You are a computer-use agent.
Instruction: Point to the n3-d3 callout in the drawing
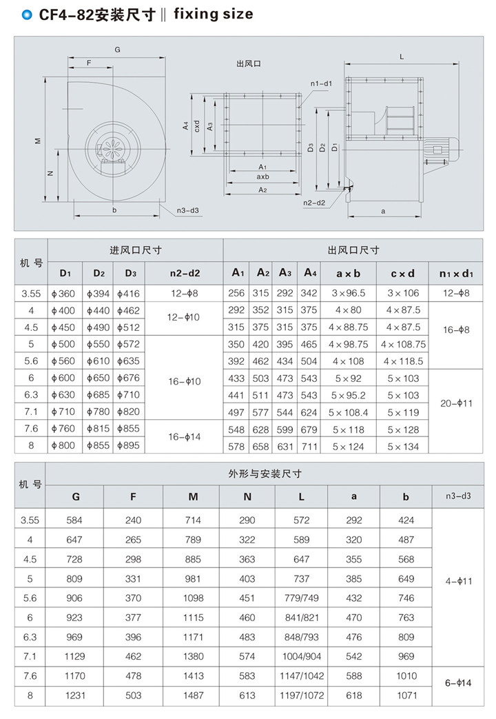(x=187, y=210)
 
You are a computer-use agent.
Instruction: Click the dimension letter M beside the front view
(x=38, y=141)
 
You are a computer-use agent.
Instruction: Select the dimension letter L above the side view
(x=401, y=56)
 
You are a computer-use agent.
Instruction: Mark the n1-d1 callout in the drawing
(x=321, y=84)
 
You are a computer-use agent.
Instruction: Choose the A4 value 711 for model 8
(x=309, y=446)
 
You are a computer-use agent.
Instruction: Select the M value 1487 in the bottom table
(x=193, y=695)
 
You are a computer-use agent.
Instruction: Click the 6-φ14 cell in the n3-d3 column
(x=457, y=685)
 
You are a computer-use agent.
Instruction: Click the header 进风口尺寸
(x=135, y=250)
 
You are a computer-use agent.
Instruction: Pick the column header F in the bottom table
(x=133, y=496)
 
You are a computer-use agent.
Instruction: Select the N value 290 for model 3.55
(x=247, y=520)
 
